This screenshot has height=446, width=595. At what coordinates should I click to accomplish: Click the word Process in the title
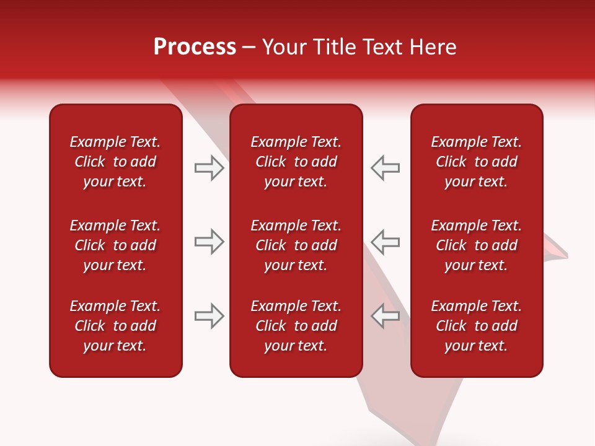click(x=195, y=47)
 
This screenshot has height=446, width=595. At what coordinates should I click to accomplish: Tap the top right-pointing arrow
click(x=209, y=168)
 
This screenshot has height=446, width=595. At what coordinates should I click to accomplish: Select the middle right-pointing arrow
click(x=209, y=242)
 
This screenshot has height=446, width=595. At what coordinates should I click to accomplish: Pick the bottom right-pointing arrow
click(x=209, y=316)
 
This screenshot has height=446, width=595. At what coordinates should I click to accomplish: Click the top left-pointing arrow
click(x=386, y=168)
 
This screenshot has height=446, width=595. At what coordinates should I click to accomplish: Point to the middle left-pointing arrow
click(x=386, y=242)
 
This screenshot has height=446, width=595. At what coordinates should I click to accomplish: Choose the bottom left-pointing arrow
click(x=386, y=316)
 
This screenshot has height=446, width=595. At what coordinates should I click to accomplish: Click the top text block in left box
click(x=115, y=162)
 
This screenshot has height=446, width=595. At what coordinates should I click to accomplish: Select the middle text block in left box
click(x=115, y=245)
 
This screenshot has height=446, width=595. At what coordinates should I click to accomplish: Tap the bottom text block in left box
click(x=115, y=326)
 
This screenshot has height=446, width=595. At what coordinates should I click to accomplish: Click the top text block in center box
click(x=296, y=162)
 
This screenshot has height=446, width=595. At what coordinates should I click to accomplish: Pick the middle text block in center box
click(x=296, y=245)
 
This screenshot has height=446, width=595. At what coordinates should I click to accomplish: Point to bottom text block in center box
click(x=296, y=326)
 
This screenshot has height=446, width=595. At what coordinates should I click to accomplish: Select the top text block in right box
click(x=476, y=162)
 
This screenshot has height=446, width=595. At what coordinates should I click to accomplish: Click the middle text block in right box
click(x=476, y=245)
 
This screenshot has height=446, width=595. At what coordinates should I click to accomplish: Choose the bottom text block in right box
click(x=476, y=326)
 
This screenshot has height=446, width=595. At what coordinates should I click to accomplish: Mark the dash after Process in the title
click(x=249, y=48)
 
